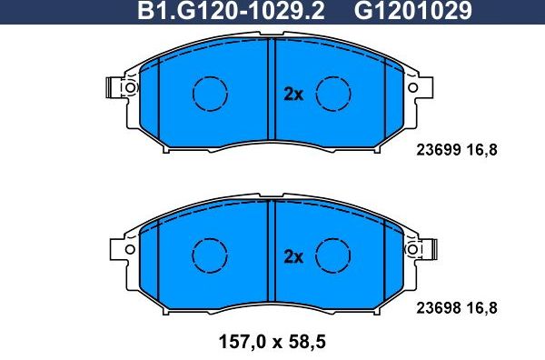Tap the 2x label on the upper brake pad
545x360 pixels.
[292, 94]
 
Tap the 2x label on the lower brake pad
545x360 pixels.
[292, 257]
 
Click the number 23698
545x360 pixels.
[440, 308]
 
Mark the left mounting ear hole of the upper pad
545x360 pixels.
[130, 88]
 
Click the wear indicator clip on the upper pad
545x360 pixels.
[113, 88]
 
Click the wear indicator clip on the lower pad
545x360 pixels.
[434, 247]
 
